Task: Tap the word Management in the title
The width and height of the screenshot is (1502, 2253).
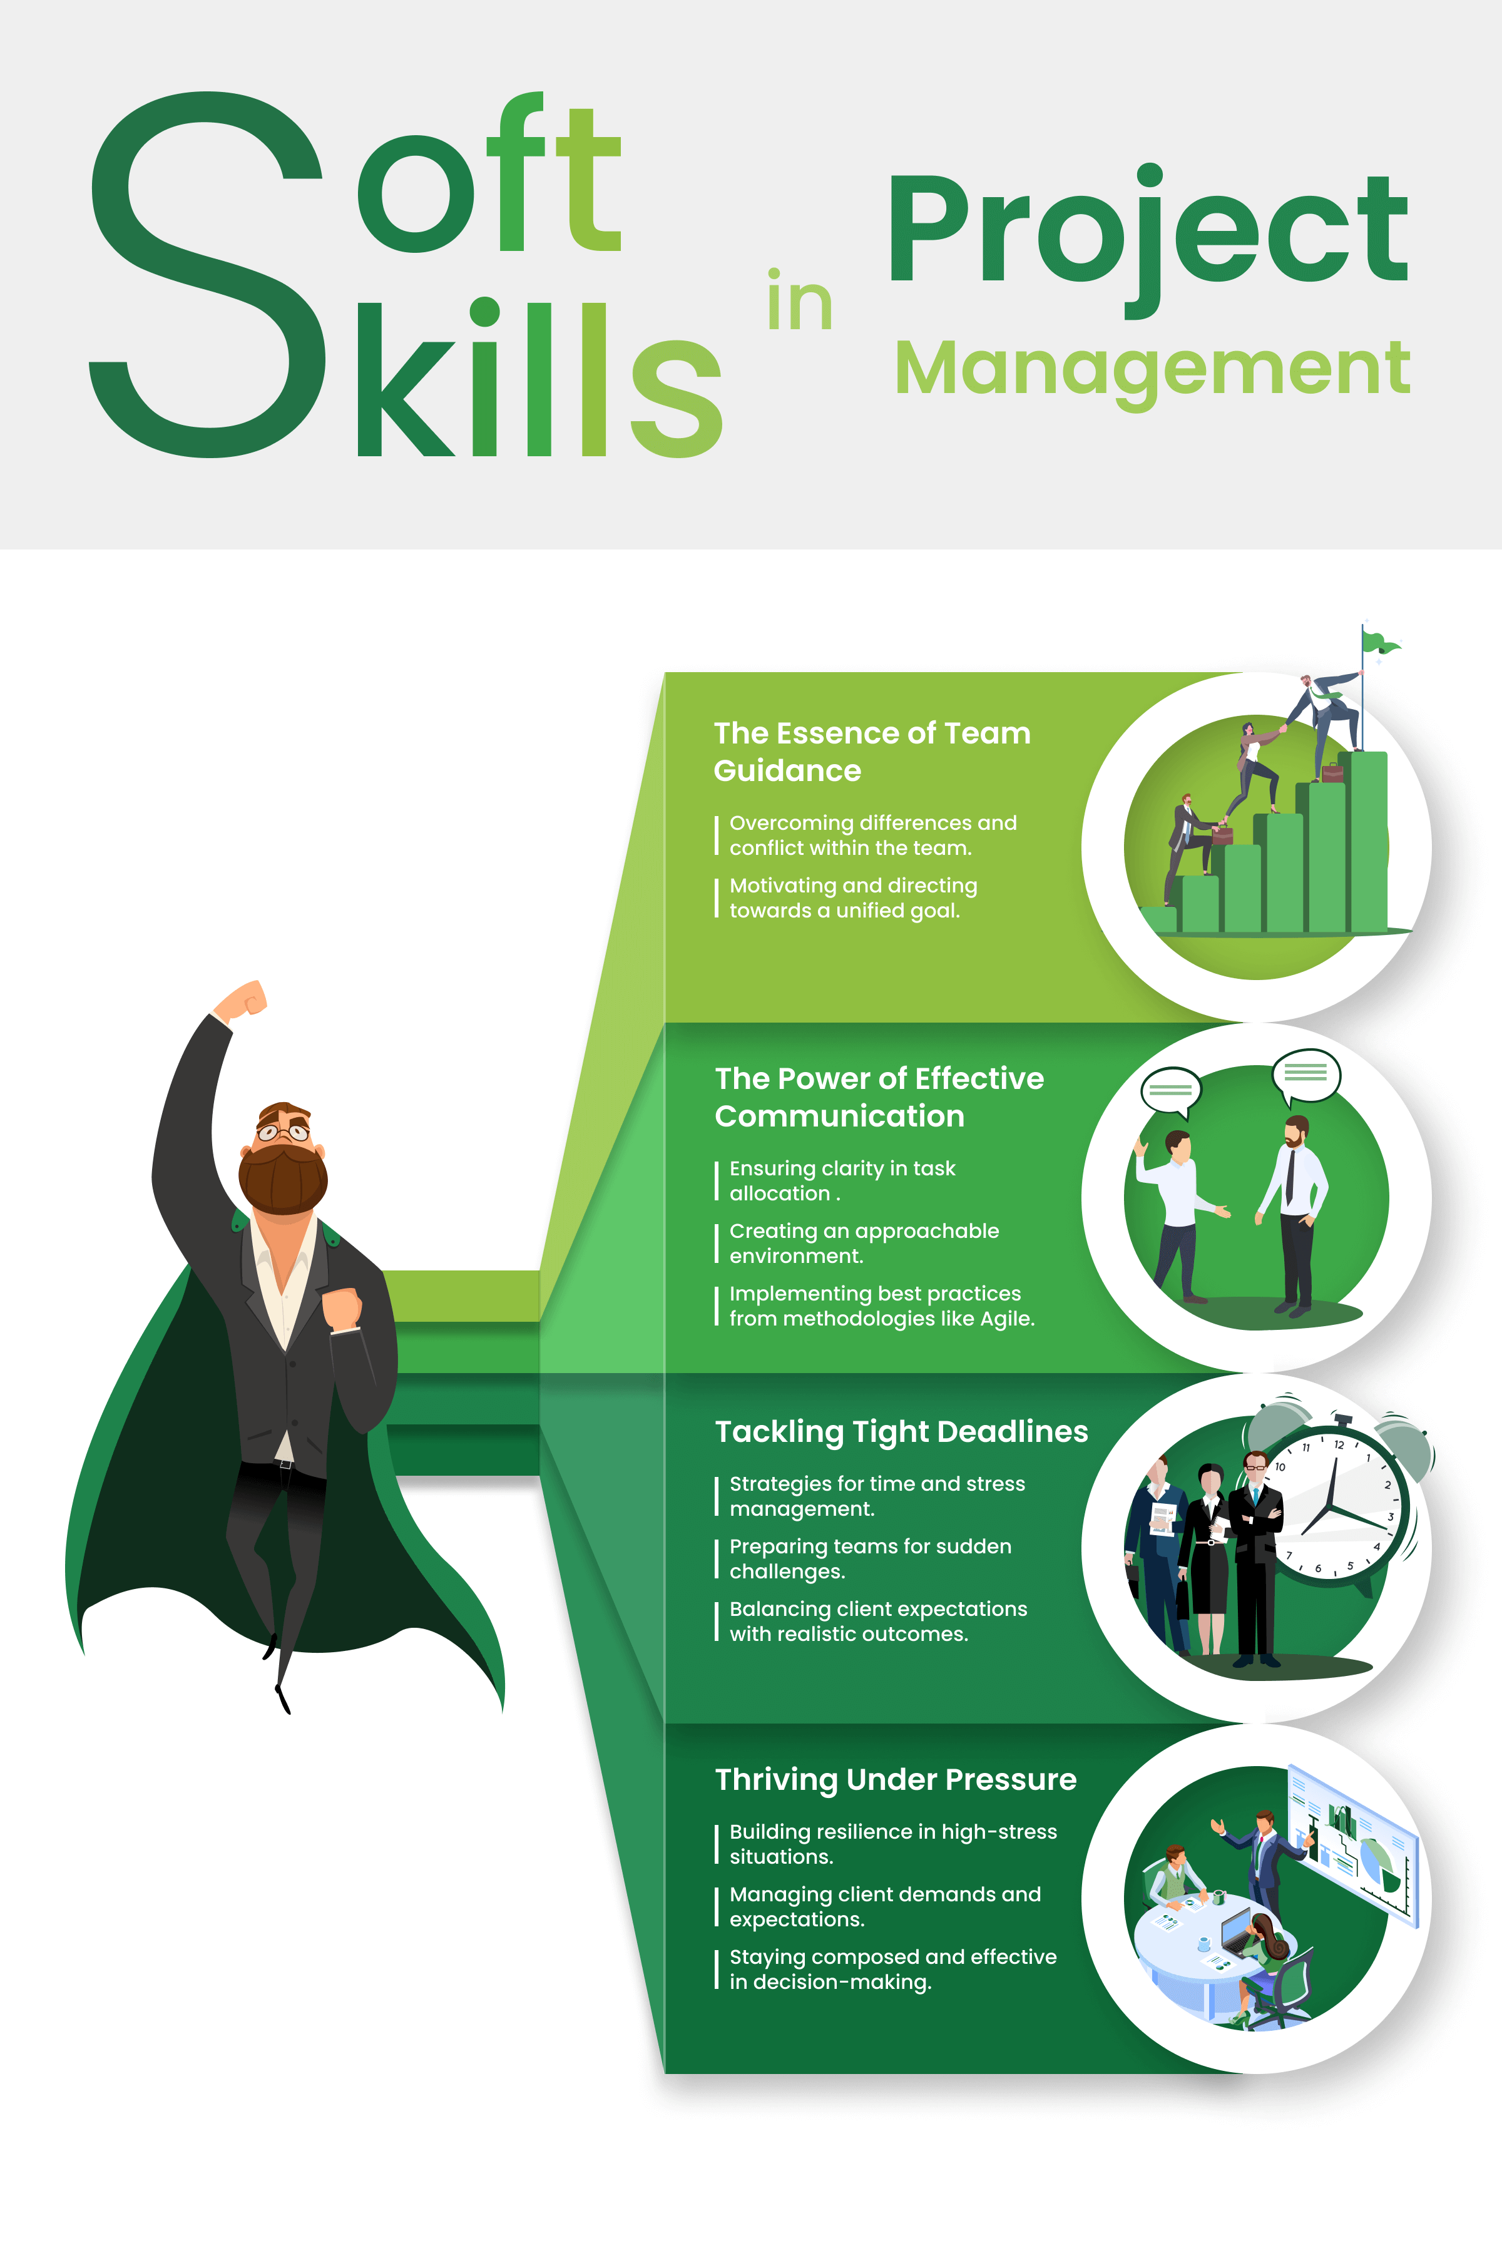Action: click(x=1152, y=369)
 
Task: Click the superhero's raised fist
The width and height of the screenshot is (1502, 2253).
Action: click(x=246, y=999)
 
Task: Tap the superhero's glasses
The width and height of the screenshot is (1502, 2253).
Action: click(x=284, y=1132)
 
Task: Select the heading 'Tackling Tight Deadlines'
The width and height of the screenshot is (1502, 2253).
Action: click(x=901, y=1431)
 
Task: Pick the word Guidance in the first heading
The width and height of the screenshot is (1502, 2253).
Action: click(x=787, y=771)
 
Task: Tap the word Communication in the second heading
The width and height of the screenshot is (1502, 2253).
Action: click(x=839, y=1116)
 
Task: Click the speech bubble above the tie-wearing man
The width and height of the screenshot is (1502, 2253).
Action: click(x=1305, y=1073)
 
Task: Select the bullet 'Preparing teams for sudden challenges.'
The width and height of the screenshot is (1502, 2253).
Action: click(x=870, y=1558)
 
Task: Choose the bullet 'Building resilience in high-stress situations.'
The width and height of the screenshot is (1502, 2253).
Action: click(x=893, y=1844)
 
